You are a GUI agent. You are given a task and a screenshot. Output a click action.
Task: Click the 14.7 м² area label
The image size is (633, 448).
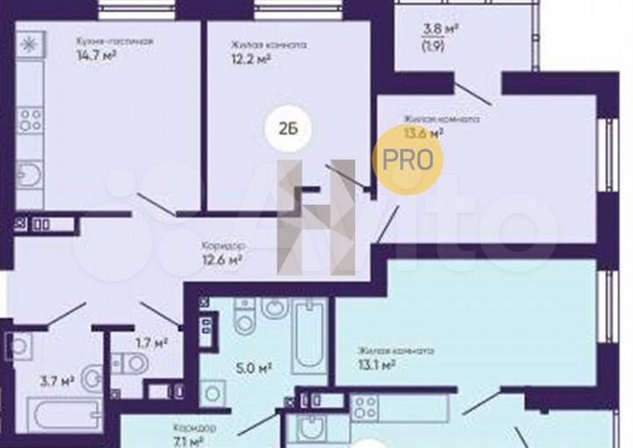coord(96,55)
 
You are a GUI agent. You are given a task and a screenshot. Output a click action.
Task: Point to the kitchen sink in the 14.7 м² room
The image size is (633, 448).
coord(29,176)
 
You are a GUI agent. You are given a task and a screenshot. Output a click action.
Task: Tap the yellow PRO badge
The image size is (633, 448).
coord(408,160)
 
